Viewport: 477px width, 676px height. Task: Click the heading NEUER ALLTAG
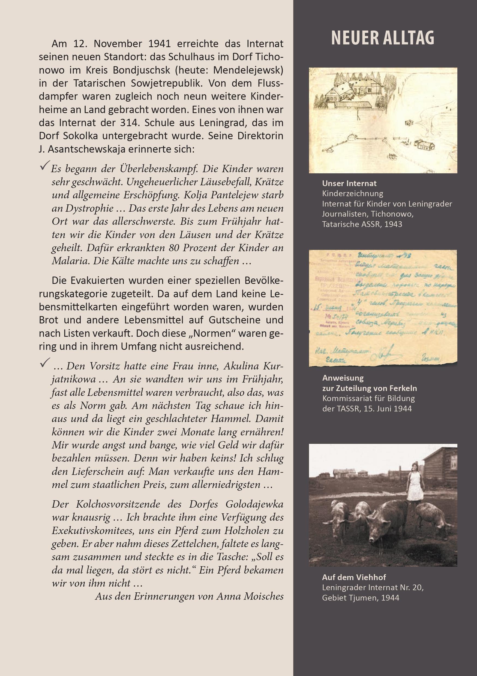pyautogui.click(x=382, y=38)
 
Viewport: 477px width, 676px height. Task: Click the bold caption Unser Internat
pyautogui.click(x=349, y=183)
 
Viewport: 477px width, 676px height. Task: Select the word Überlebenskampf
pyautogui.click(x=157, y=169)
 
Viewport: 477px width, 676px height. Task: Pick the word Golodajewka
pyautogui.click(x=254, y=504)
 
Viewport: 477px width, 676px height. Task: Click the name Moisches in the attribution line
pyautogui.click(x=264, y=596)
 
